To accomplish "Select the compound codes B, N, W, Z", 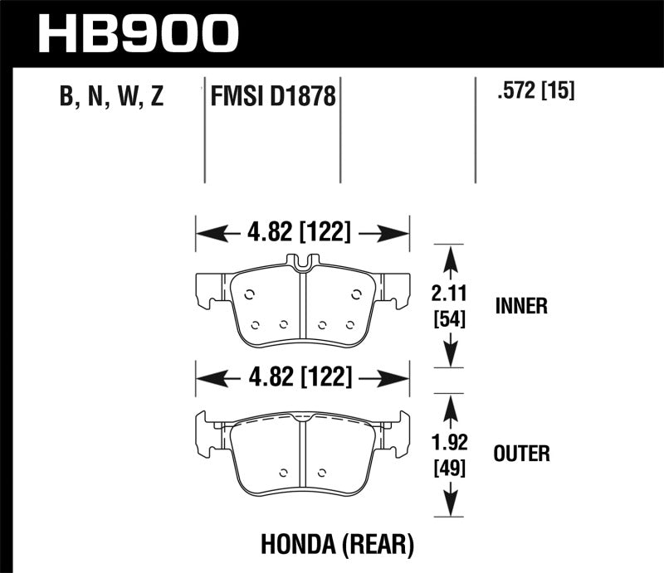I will point(112,98).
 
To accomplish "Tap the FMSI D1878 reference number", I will point(273,99).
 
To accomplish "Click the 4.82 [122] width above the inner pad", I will point(303,233).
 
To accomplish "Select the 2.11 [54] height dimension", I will point(448,304).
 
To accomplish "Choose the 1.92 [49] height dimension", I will point(448,454).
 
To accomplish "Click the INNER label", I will point(521,306).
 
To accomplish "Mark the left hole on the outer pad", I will point(283,474).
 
